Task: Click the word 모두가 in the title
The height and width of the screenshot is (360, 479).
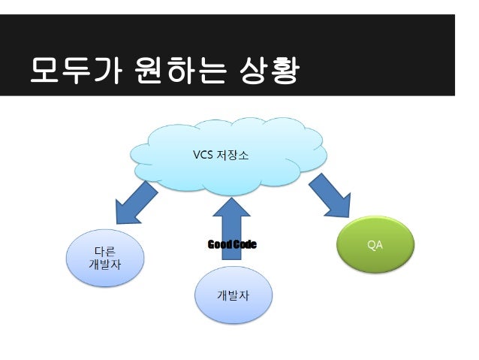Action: tap(62, 73)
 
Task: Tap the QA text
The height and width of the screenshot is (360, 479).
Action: tap(375, 245)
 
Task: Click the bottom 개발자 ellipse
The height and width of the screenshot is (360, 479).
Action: tap(233, 295)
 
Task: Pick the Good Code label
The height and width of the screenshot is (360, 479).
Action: tap(231, 245)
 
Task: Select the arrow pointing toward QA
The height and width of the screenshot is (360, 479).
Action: tap(336, 199)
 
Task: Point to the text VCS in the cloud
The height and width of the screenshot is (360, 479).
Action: tap(203, 156)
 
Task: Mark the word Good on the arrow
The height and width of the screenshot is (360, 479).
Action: tap(218, 245)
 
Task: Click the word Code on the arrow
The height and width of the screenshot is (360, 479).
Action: tap(244, 245)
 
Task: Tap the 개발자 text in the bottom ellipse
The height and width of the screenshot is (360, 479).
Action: tap(233, 294)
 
